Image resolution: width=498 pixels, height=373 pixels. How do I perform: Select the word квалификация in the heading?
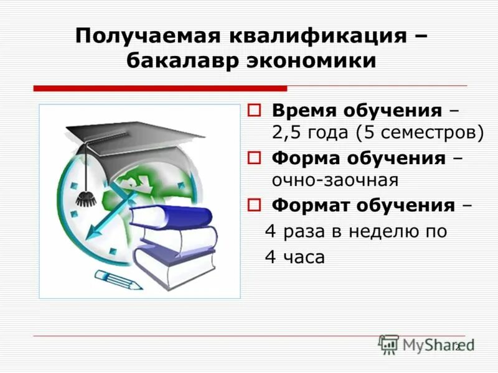click(314, 35)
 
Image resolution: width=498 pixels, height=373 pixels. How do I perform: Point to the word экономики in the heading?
click(303, 62)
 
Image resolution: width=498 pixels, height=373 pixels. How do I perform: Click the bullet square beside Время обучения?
click(253, 111)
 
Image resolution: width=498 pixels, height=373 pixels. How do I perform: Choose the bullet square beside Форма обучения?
click(253, 158)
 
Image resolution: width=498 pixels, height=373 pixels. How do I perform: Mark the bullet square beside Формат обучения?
click(253, 205)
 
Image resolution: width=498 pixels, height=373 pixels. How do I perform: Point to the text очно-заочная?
click(335, 180)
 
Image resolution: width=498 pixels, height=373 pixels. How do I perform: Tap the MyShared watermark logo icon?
click(389, 344)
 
